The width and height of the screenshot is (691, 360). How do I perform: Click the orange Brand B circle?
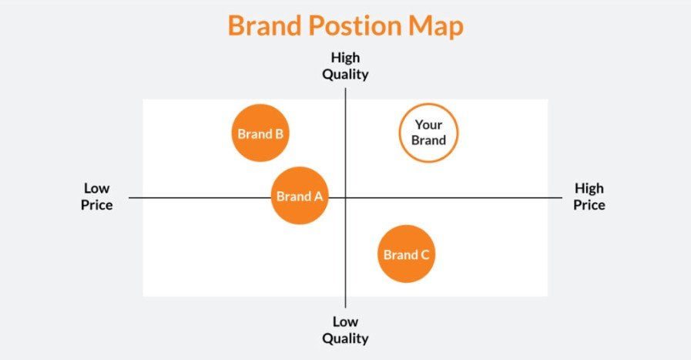tap(260, 133)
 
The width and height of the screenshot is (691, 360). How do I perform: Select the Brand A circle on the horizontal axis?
tap(300, 196)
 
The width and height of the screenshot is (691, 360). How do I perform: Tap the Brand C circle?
tap(407, 254)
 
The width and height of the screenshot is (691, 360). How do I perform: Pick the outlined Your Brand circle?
tap(428, 133)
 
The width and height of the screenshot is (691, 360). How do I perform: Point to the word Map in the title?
tap(436, 27)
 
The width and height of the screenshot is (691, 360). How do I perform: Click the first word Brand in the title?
tap(267, 27)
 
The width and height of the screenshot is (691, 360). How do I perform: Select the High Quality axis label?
tap(345, 66)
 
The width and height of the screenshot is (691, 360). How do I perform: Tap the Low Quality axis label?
tap(345, 330)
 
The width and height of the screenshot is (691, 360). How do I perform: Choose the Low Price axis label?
tap(97, 197)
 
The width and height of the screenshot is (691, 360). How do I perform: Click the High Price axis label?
tap(589, 197)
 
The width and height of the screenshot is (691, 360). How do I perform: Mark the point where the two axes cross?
tap(345, 198)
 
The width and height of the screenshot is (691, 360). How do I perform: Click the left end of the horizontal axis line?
tap(130, 198)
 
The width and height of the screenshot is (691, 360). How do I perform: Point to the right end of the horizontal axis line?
tap(562, 198)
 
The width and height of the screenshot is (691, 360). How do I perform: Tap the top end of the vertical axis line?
tap(345, 89)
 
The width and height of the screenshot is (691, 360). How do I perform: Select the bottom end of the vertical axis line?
tap(345, 307)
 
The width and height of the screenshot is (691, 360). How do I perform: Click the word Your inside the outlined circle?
tap(428, 125)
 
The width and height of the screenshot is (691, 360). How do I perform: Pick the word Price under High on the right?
tap(589, 205)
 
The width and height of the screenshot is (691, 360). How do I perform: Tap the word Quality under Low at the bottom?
tap(345, 338)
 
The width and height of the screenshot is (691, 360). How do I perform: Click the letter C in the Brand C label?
tap(424, 254)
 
